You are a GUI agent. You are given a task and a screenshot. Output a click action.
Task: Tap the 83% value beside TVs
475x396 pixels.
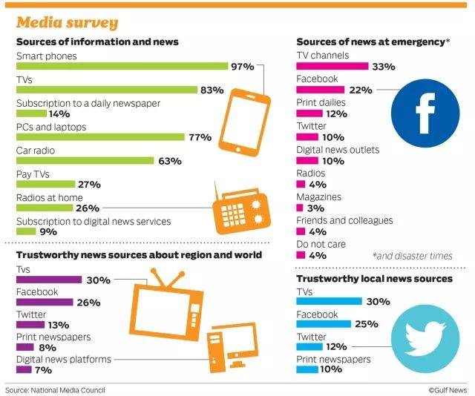pos(212,90)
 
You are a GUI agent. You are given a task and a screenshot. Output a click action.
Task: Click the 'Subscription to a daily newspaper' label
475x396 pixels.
pos(88,103)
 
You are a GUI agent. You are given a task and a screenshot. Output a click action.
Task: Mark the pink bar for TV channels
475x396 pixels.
pos(332,67)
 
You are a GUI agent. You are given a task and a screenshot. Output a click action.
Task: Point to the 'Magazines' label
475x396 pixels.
pos(319,197)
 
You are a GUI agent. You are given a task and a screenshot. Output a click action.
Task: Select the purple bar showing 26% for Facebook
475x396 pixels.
pos(45,303)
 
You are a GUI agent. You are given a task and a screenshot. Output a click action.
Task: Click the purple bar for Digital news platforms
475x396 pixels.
pos(23,369)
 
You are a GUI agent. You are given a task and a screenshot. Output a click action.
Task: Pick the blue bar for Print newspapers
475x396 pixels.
pos(307,369)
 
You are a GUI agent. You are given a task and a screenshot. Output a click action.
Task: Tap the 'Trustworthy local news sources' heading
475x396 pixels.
pos(374,279)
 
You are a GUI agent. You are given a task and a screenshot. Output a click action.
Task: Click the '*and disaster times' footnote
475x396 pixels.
pos(412,256)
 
